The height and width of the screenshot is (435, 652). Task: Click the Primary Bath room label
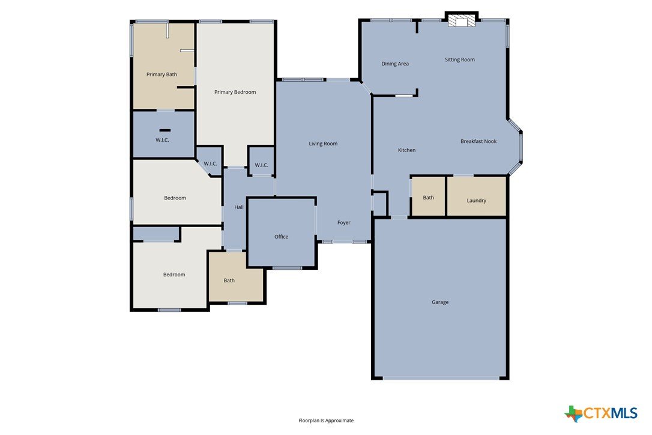pos(161,75)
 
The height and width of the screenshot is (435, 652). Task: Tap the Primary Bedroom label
pos(235,92)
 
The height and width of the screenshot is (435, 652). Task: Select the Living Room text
pos(323,144)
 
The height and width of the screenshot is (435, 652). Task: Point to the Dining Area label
pos(395,64)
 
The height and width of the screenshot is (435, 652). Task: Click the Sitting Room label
pos(459,59)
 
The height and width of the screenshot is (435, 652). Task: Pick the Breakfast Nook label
pos(478,141)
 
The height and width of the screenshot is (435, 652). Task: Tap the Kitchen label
pos(406,150)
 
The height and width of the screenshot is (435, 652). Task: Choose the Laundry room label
pos(476,201)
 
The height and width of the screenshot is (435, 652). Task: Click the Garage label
pos(440,302)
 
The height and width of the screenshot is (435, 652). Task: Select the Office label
pos(281,237)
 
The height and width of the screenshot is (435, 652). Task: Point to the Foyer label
pos(344,223)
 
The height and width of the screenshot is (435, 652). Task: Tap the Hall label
pos(239,207)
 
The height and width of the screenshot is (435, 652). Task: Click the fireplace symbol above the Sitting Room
pos(461,21)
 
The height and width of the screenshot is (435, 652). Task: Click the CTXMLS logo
pos(601,413)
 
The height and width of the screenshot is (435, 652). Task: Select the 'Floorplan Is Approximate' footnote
pos(326,421)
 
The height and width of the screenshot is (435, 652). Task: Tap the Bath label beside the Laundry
pos(428,198)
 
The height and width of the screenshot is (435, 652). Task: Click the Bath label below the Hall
pos(229,281)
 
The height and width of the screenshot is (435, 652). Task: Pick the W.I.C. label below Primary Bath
pos(162,140)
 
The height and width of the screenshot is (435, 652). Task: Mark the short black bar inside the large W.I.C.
pos(165,130)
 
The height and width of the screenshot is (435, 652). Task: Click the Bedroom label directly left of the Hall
pos(175,198)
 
